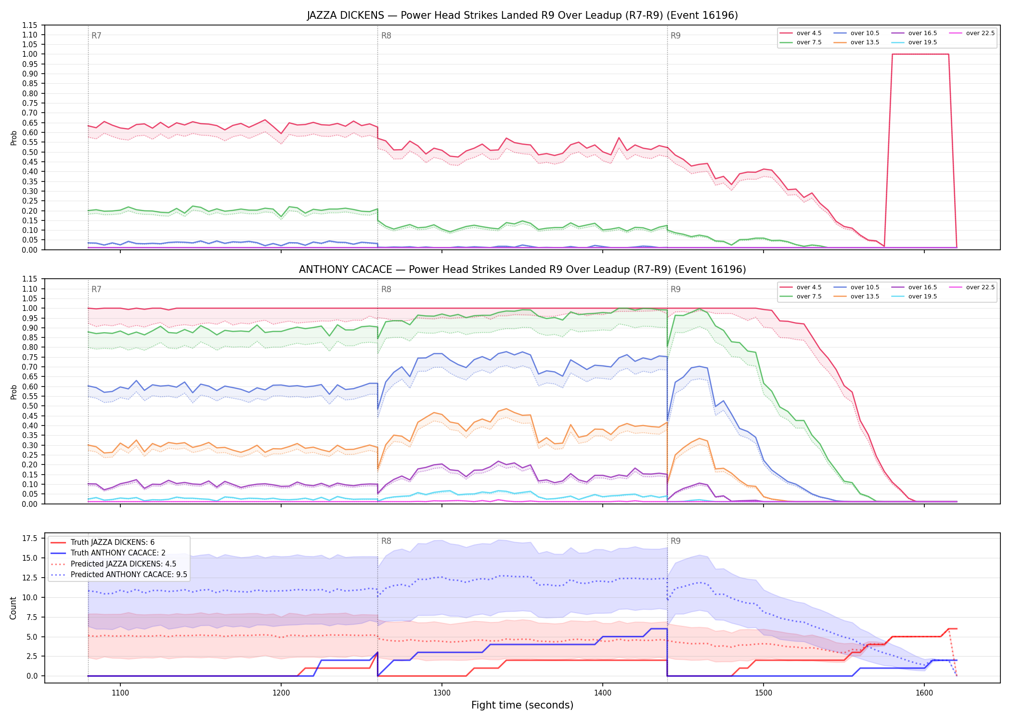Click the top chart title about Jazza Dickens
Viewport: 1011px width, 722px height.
click(522, 15)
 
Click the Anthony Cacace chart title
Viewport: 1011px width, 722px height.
click(522, 270)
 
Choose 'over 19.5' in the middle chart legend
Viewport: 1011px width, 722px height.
click(914, 297)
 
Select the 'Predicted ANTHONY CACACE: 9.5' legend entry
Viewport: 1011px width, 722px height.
click(119, 575)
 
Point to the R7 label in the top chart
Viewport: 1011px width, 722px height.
click(96, 36)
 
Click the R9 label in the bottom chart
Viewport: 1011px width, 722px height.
click(675, 541)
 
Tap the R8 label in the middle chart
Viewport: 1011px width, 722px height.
click(386, 289)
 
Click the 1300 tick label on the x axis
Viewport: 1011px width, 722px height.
click(442, 693)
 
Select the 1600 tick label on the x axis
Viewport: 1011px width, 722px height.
click(924, 693)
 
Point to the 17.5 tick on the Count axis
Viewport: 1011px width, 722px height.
click(31, 538)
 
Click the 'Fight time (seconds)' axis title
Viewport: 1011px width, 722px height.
click(522, 705)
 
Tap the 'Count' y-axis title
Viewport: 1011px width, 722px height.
click(13, 608)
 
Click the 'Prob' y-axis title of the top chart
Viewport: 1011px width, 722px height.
click(14, 138)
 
